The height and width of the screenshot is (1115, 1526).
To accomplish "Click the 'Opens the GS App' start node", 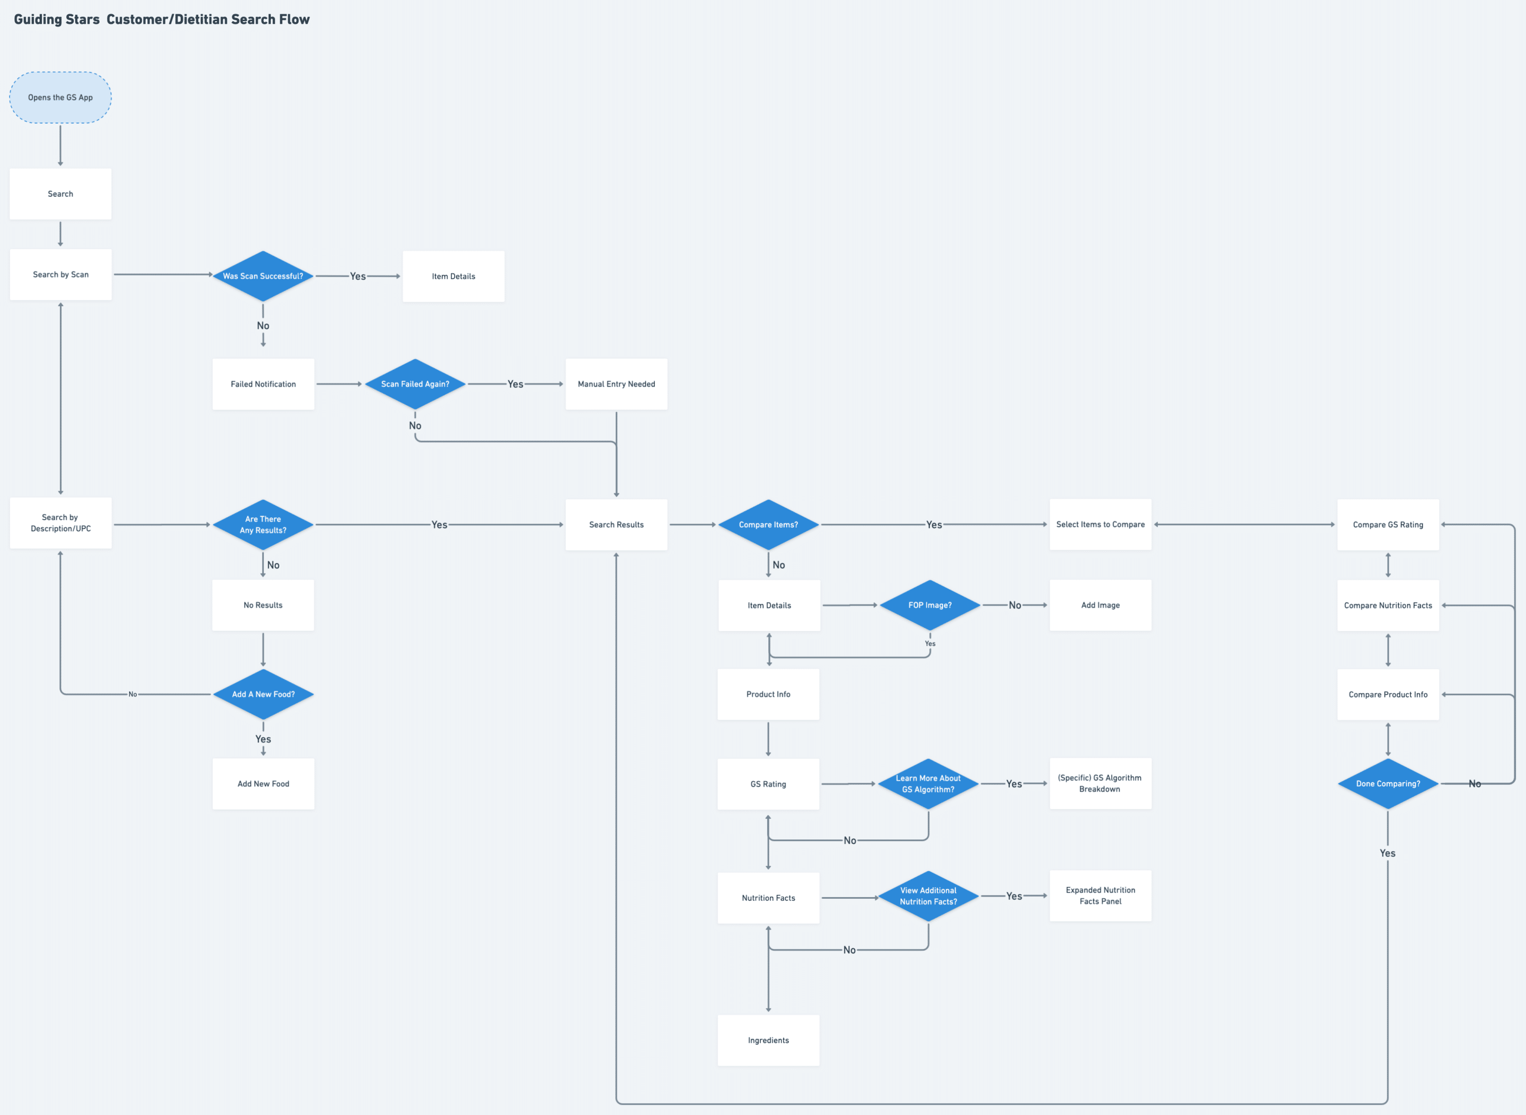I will pyautogui.click(x=60, y=97).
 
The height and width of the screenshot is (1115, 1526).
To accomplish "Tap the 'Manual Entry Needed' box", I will pyautogui.click(x=616, y=384).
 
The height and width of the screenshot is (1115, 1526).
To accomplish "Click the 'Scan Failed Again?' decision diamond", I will pyautogui.click(x=415, y=384).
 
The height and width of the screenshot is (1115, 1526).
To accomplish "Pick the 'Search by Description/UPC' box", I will pyautogui.click(x=60, y=523).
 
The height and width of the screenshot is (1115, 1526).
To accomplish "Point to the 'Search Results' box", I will pyautogui.click(x=616, y=525).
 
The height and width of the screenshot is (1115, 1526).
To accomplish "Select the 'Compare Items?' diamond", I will pyautogui.click(x=768, y=525).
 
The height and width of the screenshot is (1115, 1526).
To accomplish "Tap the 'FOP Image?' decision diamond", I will pyautogui.click(x=929, y=605).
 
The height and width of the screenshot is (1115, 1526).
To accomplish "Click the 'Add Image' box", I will pyautogui.click(x=1100, y=605).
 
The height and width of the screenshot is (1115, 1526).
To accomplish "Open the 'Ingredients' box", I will pyautogui.click(x=768, y=1040).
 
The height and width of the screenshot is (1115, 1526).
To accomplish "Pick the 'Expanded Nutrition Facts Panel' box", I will pyautogui.click(x=1100, y=896).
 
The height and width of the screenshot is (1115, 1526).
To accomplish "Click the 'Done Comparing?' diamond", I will pyautogui.click(x=1388, y=784).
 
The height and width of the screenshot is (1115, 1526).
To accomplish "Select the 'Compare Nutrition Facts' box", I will pyautogui.click(x=1388, y=605).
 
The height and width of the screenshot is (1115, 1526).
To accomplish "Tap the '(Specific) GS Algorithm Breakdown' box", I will pyautogui.click(x=1100, y=784).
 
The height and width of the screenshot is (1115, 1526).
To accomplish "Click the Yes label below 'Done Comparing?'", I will pyautogui.click(x=1387, y=853).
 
